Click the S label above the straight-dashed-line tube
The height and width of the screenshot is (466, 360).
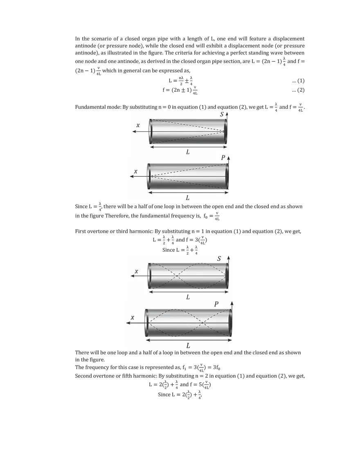click(222, 115)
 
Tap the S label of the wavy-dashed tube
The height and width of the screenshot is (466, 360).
click(220, 259)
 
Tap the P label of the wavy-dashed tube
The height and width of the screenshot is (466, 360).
click(216, 304)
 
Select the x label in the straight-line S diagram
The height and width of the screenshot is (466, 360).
click(138, 125)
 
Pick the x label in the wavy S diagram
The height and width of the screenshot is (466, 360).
click(137, 271)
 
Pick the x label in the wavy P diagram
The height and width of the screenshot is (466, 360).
click(132, 317)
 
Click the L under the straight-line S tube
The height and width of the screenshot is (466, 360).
click(188, 152)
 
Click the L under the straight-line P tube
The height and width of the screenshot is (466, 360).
click(188, 198)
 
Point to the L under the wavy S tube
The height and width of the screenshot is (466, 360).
click(188, 297)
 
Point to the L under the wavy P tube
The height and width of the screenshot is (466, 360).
click(188, 346)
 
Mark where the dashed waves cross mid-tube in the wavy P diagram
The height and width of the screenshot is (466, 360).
click(202, 323)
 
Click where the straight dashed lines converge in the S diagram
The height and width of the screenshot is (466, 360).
click(225, 132)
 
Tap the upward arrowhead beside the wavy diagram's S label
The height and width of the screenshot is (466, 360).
click(228, 257)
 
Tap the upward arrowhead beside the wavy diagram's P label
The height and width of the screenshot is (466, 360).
click(232, 302)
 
